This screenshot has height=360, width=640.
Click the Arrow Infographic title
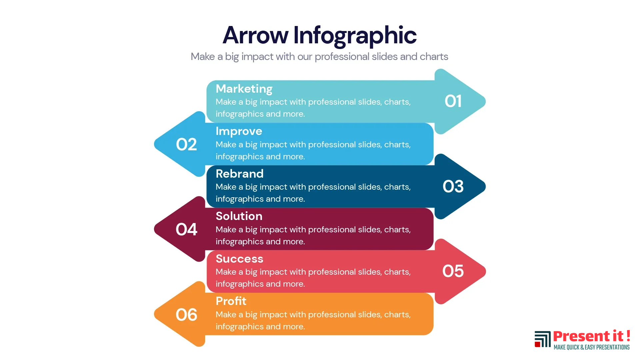[x=320, y=36]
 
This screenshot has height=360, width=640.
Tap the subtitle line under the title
[x=319, y=57]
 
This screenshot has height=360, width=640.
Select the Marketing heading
[x=244, y=89]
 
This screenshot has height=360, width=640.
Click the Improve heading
[x=239, y=131]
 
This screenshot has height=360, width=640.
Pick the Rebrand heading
[x=239, y=174]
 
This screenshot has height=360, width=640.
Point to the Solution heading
[x=239, y=216]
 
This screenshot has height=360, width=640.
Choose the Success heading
[x=239, y=259]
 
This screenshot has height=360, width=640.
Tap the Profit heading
[x=231, y=301]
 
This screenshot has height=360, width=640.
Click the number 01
[x=453, y=101]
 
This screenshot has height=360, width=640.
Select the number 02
[x=186, y=144]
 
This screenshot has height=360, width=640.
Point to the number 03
[x=453, y=186]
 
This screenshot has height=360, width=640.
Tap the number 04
[x=186, y=229]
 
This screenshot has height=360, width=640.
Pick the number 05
[x=453, y=271]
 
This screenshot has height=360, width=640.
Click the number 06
[x=186, y=315]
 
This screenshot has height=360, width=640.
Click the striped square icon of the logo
[x=543, y=339]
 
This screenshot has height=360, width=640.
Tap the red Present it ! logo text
[x=592, y=336]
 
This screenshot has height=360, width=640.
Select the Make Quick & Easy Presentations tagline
[x=592, y=347]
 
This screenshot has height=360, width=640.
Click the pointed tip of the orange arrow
[x=155, y=314]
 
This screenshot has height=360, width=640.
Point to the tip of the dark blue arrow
[x=485, y=186]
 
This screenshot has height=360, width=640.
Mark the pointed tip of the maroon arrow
[x=155, y=229]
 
